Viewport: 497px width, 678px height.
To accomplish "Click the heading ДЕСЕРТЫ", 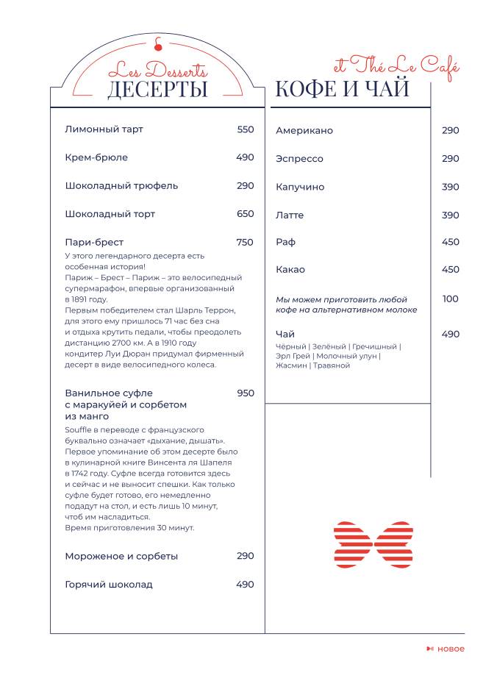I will (x=157, y=90).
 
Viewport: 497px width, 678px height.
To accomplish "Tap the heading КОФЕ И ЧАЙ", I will (x=342, y=90).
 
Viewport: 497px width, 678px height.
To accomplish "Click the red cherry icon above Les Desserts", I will (x=157, y=44).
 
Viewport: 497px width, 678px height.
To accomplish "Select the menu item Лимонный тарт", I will (x=104, y=129).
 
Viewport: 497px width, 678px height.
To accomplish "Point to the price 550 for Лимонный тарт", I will (x=246, y=129).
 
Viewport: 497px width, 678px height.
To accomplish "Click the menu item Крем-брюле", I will (x=96, y=157).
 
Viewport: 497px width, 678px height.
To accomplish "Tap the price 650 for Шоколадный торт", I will (x=246, y=214).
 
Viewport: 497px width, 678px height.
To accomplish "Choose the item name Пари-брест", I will (x=94, y=242).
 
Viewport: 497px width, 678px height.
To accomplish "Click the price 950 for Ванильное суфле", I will (x=246, y=393).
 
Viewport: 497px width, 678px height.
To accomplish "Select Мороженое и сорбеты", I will (x=121, y=556).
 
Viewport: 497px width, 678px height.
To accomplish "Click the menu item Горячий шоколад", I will (x=109, y=585).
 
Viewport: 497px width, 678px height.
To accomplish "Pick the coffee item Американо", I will (x=304, y=131).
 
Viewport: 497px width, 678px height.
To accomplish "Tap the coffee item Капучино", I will (x=300, y=188).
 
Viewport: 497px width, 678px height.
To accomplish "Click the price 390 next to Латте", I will (x=450, y=215).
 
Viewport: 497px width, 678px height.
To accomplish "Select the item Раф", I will (x=285, y=242).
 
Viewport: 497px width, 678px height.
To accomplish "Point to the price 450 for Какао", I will (x=450, y=270).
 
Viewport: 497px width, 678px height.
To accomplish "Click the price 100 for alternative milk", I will (x=450, y=299).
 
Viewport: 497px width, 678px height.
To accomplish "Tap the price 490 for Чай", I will (x=450, y=335).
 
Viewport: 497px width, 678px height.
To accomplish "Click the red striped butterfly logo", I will (x=373, y=545).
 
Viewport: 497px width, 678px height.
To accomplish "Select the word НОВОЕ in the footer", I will (x=451, y=649).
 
